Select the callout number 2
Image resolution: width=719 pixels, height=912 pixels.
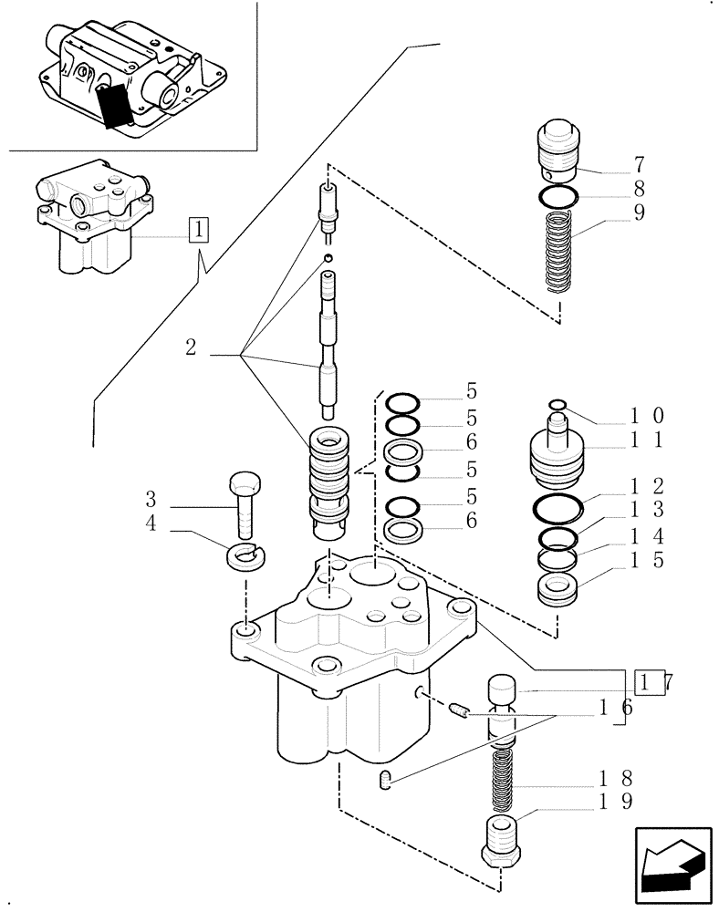point(191,347)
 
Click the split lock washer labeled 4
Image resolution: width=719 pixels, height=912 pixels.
point(244,554)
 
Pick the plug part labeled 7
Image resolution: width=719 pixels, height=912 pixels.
point(557,148)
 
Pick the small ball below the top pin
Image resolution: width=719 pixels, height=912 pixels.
point(327,260)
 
